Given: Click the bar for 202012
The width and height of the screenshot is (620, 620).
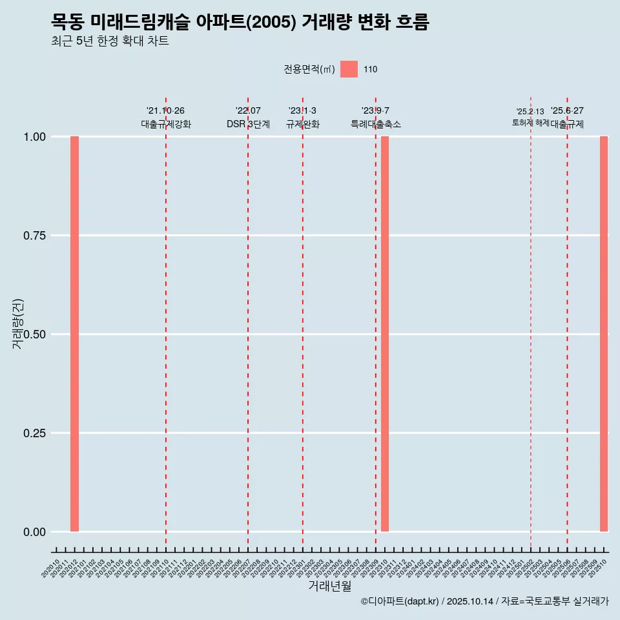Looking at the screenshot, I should [x=74, y=334].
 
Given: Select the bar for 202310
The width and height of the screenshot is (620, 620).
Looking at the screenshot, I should [x=385, y=334].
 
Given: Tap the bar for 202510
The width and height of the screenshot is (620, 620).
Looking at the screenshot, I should [x=604, y=334].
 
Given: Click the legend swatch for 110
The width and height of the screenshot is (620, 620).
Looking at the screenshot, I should [x=349, y=69].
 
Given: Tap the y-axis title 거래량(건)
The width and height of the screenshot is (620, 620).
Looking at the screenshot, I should [x=18, y=323].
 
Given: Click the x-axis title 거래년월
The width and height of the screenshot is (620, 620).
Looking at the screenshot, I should [x=329, y=586].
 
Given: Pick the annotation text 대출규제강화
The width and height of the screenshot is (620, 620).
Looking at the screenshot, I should [x=166, y=124].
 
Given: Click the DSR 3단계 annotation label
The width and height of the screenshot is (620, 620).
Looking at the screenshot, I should [x=248, y=124].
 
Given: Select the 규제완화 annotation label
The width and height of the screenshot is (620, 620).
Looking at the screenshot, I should [x=303, y=124].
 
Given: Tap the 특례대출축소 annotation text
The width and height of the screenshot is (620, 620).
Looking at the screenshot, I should [x=376, y=124].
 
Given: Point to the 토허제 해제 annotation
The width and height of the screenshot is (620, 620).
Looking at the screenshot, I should [x=530, y=122].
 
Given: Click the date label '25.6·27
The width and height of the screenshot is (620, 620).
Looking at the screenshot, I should [x=567, y=110].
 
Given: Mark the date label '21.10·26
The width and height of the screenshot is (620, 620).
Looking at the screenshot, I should [x=165, y=110].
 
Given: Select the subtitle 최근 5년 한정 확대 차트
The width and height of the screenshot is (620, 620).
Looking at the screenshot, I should [x=110, y=41].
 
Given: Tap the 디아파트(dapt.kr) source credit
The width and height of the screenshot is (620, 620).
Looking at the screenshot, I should [x=400, y=601].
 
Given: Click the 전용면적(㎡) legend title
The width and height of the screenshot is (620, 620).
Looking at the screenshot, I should [x=309, y=69].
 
